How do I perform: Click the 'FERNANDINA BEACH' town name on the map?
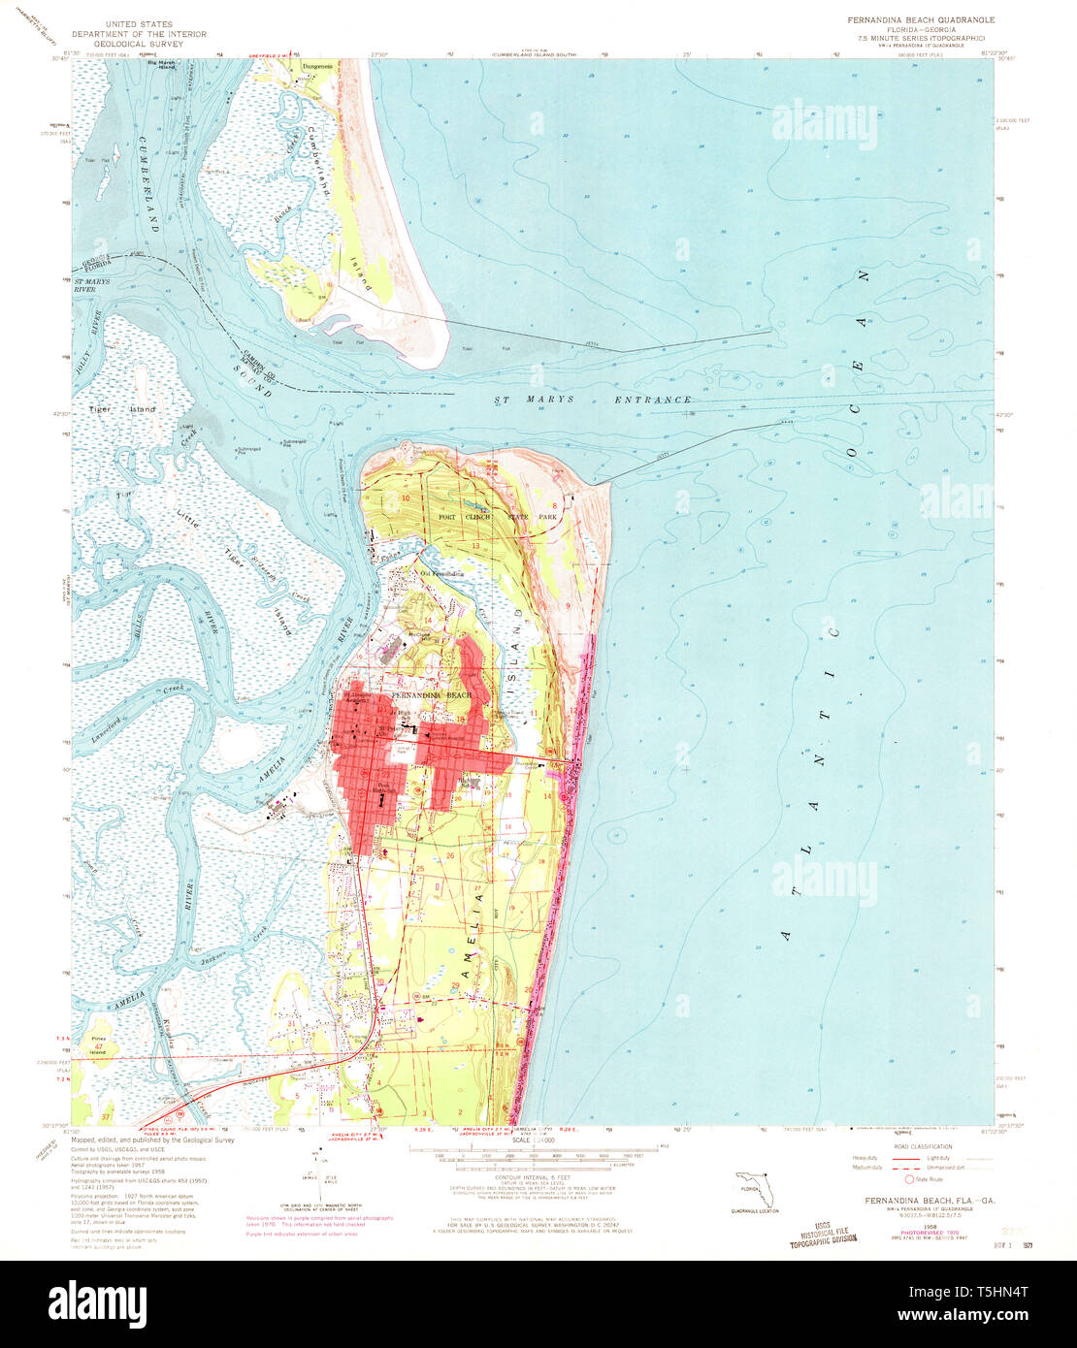432,696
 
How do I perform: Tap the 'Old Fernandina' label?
441,574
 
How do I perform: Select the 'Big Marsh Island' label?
160,66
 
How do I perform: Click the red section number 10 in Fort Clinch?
407,497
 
